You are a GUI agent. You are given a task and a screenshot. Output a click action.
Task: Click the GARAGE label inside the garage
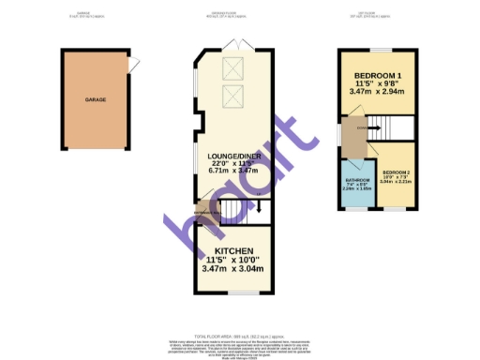pyautogui.click(x=94, y=98)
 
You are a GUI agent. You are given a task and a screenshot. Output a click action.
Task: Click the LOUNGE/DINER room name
pyautogui.click(x=233, y=156)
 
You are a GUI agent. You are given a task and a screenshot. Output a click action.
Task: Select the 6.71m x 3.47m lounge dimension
pyautogui.click(x=233, y=172)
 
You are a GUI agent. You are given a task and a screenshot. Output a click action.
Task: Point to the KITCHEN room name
pyautogui.click(x=233, y=251)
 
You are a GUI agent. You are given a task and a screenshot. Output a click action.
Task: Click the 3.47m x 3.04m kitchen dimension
pyautogui.click(x=233, y=268)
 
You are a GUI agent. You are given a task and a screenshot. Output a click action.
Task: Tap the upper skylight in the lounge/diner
pyautogui.click(x=233, y=65)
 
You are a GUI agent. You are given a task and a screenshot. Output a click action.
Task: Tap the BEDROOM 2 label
pyautogui.click(x=395, y=171)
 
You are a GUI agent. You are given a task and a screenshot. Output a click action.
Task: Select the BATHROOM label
pyautogui.click(x=356, y=181)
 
